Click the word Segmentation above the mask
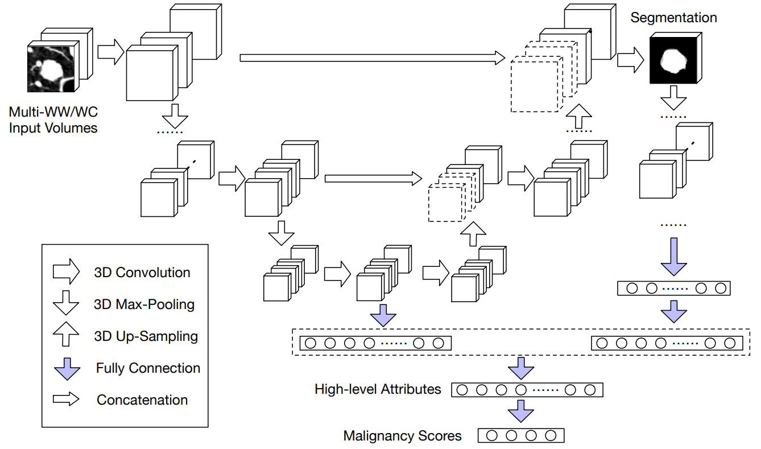click(673, 18)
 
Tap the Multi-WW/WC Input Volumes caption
click(53, 120)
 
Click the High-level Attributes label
click(378, 389)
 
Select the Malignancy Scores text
click(402, 436)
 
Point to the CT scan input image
click(51, 69)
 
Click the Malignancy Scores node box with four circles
click(521, 435)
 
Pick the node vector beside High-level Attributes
click(527, 390)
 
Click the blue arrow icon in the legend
click(67, 369)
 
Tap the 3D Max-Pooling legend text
click(144, 304)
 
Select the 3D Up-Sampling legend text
click(146, 336)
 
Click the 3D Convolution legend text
click(142, 273)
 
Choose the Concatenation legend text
click(142, 400)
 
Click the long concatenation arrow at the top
click(373, 58)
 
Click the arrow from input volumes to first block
click(111, 52)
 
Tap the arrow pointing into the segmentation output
click(631, 60)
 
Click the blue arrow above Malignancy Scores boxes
click(521, 411)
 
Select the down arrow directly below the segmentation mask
click(673, 98)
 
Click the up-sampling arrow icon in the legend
click(66, 334)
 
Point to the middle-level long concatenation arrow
click(373, 179)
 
